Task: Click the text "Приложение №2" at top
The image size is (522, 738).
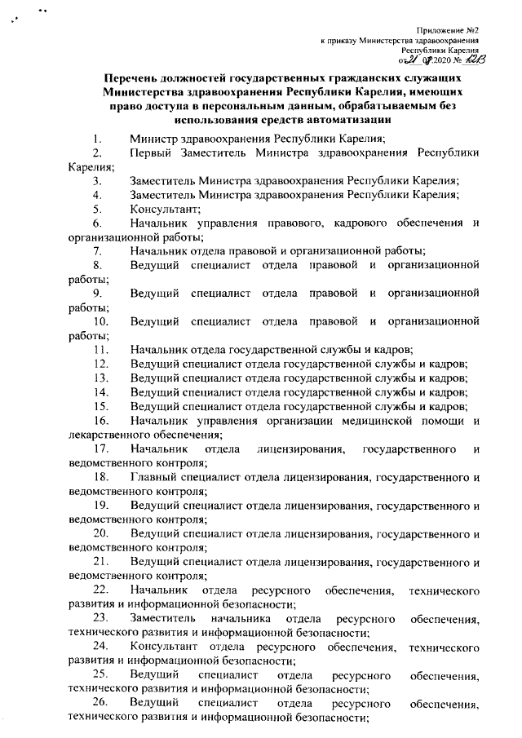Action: click(448, 29)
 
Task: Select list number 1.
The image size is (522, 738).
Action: click(98, 138)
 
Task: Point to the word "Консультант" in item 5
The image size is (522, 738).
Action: click(159, 208)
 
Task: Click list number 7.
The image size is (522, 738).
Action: click(98, 250)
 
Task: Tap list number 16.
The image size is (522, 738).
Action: click(100, 420)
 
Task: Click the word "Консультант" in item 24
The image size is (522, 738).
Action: click(162, 647)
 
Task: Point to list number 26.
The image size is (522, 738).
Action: click(100, 702)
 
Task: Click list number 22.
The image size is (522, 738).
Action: click(100, 589)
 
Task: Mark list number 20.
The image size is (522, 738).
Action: click(100, 532)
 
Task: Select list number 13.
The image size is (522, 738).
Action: click(100, 378)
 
